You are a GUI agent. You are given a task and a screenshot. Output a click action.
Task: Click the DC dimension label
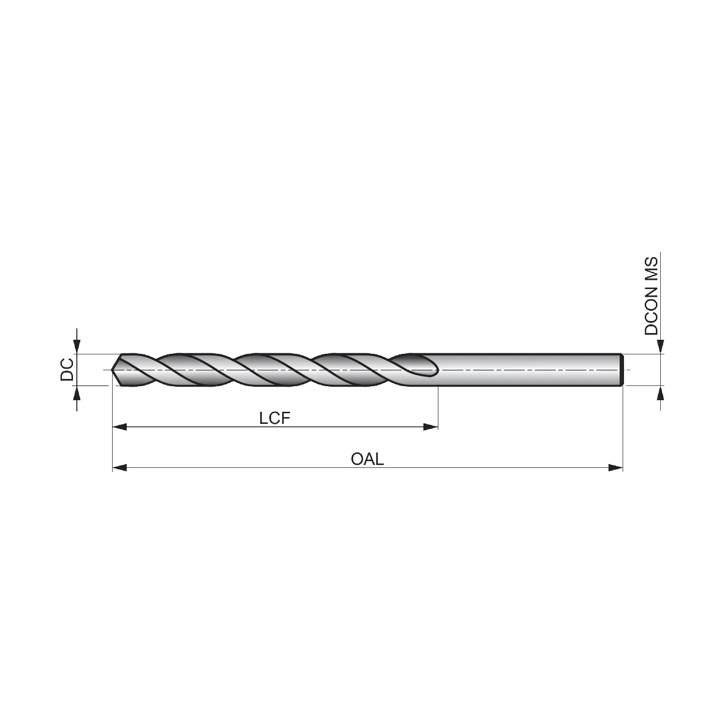67,370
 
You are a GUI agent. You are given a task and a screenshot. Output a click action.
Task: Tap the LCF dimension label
275,418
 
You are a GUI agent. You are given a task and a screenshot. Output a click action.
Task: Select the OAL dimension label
367,459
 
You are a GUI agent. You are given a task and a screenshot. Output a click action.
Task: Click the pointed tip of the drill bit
112,370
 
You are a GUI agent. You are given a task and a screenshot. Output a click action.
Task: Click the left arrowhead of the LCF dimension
119,427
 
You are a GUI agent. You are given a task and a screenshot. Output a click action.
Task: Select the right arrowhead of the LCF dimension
431,427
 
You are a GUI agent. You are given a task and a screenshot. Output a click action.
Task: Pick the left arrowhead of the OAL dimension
119,467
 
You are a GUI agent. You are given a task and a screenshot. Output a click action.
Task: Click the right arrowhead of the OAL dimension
615,467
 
